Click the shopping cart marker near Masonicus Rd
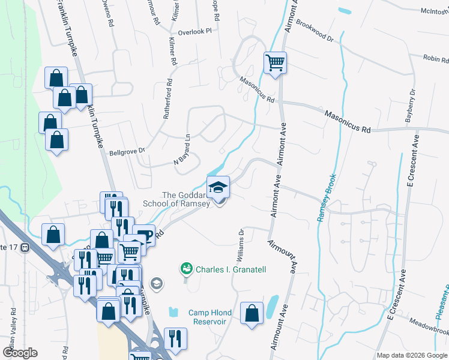pos(275,62)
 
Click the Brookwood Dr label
pos(315,34)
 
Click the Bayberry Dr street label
pos(411,107)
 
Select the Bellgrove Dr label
pos(127,153)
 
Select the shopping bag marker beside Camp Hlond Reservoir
pos(252,313)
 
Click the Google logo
pos(21,352)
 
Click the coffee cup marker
pos(144,235)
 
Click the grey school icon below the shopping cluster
pos(157,283)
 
